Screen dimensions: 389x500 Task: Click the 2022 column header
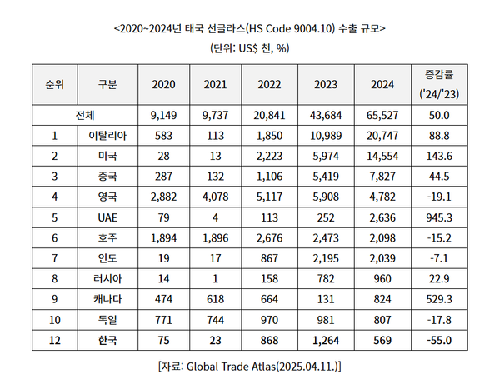269,84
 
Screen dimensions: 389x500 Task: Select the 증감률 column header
438,84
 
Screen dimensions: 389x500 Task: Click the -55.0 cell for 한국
438,339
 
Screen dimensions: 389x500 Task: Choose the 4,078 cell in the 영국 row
215,196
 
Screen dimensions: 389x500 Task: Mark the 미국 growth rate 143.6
438,155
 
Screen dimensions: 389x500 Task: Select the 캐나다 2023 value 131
326,298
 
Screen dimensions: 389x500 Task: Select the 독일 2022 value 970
269,318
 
